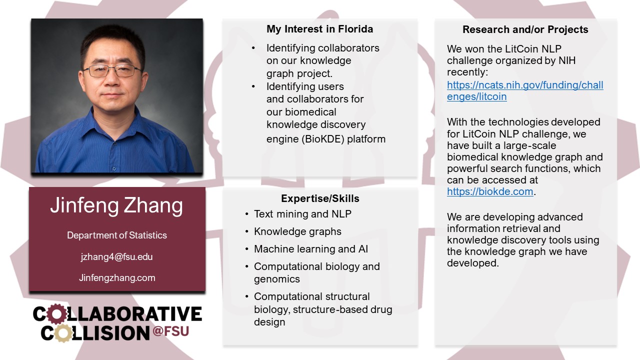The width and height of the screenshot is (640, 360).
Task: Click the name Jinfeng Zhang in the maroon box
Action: click(116, 206)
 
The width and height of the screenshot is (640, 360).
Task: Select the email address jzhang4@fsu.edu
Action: click(116, 256)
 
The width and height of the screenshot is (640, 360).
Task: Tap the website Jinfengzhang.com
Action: click(117, 277)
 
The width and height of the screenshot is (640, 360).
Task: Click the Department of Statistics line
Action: click(117, 235)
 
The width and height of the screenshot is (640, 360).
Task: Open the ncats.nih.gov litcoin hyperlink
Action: click(525, 90)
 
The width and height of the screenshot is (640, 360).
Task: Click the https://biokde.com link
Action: click(490, 191)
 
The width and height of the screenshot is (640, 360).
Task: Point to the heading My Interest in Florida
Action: click(319, 29)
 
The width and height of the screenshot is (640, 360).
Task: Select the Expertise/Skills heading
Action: click(320, 198)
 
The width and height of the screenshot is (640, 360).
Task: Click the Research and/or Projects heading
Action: click(525, 29)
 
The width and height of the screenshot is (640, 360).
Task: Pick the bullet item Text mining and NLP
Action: click(302, 213)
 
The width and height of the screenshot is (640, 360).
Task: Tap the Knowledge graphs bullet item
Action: click(297, 231)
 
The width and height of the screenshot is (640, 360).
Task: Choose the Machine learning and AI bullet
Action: click(311, 249)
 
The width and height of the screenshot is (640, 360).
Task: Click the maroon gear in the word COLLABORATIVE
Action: click(57, 314)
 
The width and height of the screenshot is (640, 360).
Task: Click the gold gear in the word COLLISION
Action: click(63, 333)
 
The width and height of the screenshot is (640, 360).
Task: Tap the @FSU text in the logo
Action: click(171, 331)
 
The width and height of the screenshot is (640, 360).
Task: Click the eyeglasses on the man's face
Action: click(113, 70)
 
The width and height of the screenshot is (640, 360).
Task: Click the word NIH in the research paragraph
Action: click(567, 60)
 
